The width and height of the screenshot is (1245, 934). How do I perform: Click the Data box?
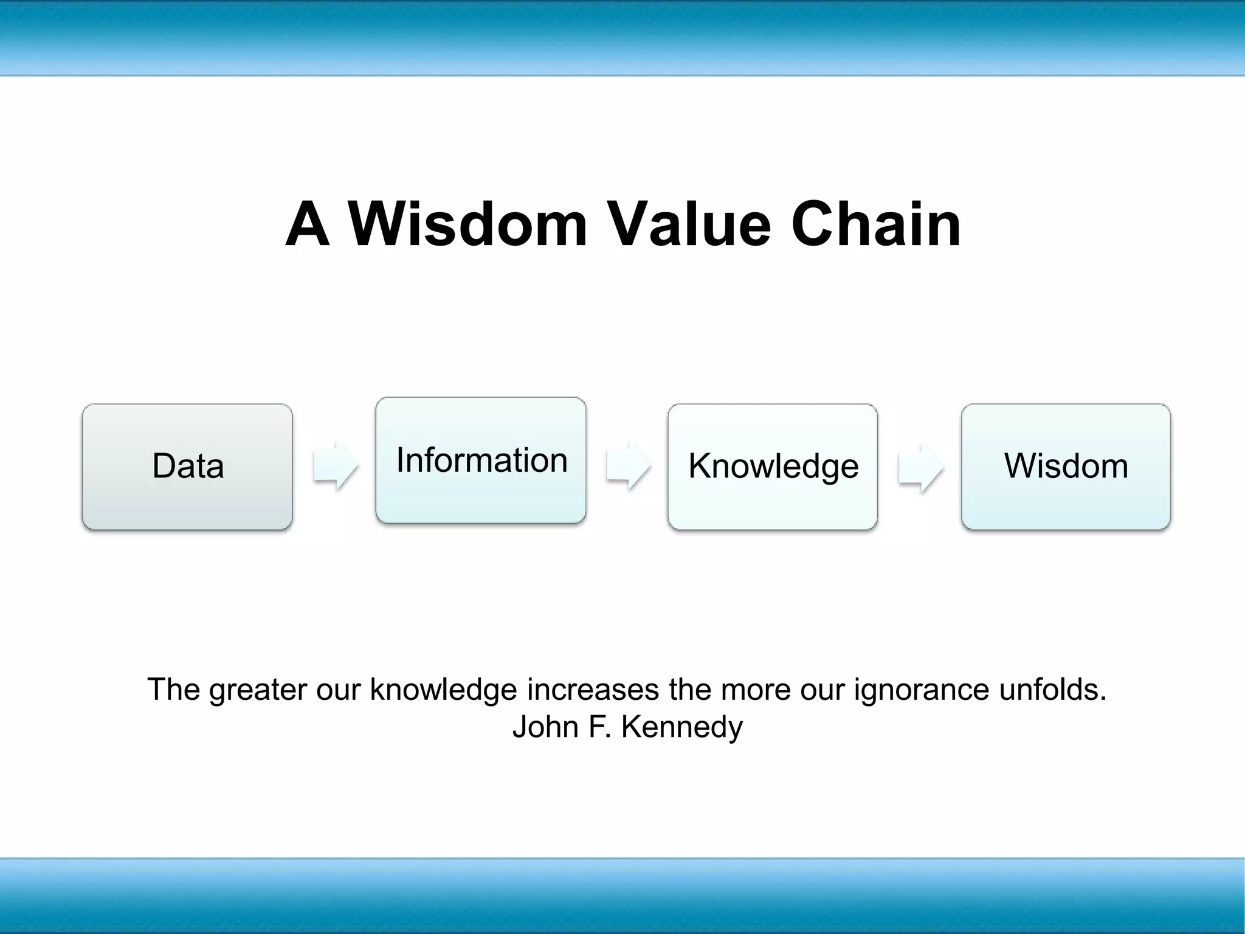187,466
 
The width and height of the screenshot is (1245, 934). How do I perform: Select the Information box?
481,460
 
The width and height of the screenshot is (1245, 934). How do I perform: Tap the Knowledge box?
773,466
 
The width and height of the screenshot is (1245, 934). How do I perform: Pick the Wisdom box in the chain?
1066,466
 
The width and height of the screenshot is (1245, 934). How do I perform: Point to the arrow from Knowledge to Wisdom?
920,467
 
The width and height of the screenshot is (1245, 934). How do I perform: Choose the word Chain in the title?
876,224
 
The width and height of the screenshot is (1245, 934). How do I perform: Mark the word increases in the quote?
593,690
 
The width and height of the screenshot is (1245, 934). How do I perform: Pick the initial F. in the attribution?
599,727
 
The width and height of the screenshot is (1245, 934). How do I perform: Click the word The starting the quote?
173,690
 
